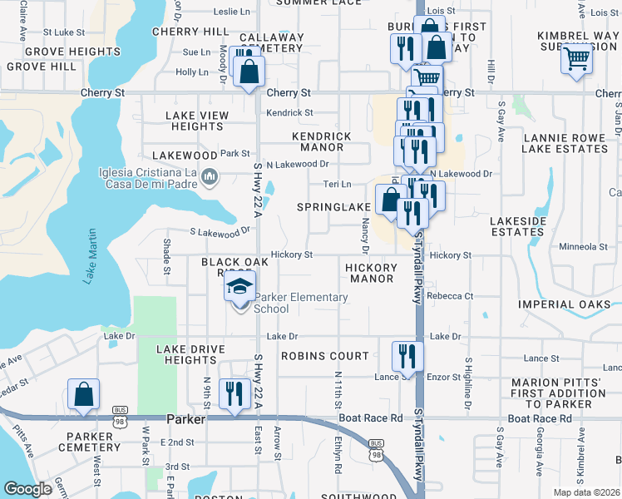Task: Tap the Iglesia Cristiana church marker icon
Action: tap(210, 176)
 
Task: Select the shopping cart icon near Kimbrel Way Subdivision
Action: tap(577, 59)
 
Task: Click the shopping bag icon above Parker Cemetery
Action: tap(84, 394)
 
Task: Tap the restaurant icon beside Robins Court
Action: tap(407, 354)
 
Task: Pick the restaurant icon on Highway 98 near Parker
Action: tap(234, 393)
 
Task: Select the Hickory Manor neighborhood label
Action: tap(371, 273)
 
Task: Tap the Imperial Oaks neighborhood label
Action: tap(565, 304)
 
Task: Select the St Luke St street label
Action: tap(64, 32)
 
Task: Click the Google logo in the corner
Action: tap(27, 489)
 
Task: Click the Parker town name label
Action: tap(185, 420)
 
